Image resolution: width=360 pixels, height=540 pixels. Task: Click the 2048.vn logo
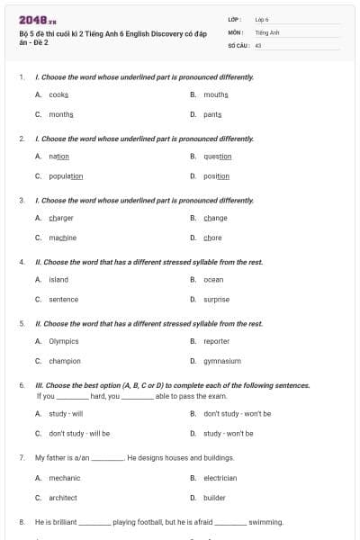tap(32, 21)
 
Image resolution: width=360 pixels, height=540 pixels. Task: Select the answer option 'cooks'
tap(58, 94)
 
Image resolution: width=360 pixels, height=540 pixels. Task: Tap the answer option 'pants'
tap(212, 115)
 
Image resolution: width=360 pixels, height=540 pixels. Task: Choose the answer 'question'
tap(218, 157)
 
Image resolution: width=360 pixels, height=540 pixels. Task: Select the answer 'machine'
tap(63, 238)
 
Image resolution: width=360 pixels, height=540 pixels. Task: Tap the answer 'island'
tap(58, 279)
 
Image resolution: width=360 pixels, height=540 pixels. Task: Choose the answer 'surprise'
tap(216, 300)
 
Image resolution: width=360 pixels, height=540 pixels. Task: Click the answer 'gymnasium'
tap(222, 361)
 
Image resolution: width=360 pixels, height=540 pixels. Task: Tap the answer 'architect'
tap(63, 498)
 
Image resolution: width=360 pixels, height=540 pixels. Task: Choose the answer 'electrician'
tap(220, 478)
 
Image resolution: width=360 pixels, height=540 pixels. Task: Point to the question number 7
tap(21, 457)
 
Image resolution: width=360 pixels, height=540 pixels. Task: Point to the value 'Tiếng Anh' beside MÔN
tap(267, 31)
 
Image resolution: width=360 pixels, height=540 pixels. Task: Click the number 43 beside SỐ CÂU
tap(258, 44)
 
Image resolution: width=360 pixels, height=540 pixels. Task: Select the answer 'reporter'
tap(217, 341)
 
